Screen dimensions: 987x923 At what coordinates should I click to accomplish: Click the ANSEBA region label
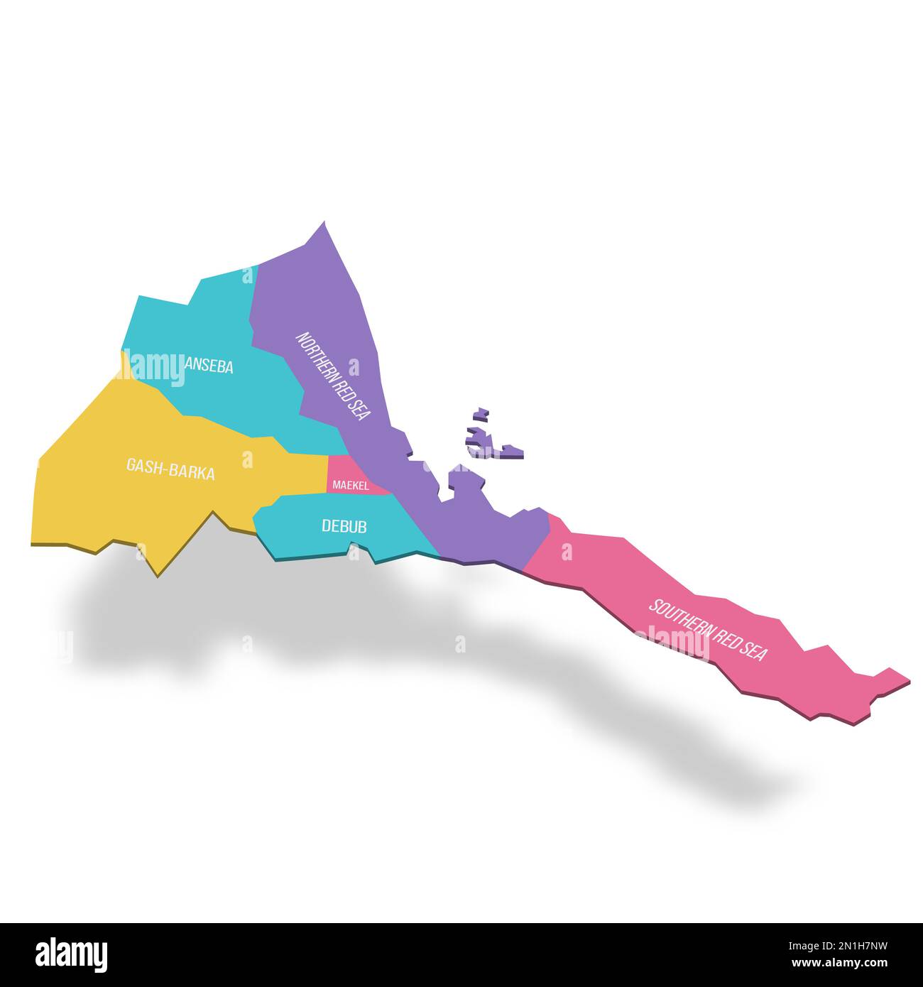[x=209, y=366]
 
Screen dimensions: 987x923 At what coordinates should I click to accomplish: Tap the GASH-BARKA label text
[x=170, y=469]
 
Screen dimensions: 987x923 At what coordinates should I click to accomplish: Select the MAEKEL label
[x=350, y=486]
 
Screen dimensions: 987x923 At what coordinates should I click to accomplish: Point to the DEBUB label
[x=344, y=526]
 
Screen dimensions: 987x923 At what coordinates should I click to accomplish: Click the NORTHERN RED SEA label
[x=333, y=376]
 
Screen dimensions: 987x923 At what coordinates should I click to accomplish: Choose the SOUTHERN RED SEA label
[x=708, y=630]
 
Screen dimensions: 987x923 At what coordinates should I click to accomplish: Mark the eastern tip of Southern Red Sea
[x=907, y=680]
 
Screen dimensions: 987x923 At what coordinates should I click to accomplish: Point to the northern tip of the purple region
[x=324, y=223]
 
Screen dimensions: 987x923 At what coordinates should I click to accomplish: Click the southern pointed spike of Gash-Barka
[x=158, y=574]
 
